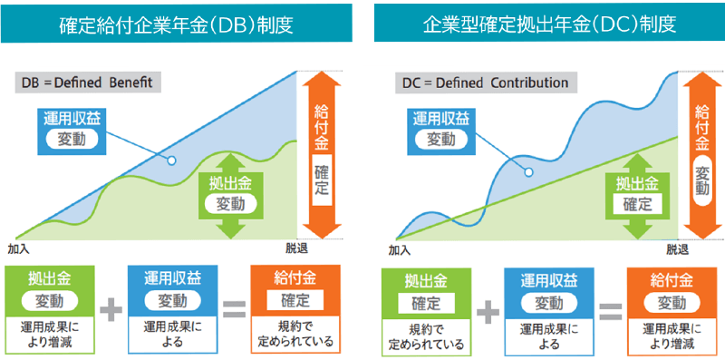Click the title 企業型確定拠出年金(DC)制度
click(x=548, y=22)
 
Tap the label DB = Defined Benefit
click(x=91, y=83)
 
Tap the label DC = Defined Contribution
click(x=485, y=83)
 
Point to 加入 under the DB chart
click(x=18, y=248)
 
